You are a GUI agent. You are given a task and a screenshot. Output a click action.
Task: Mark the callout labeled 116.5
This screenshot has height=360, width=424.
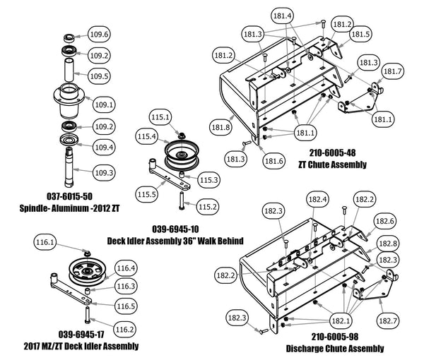pos(126,306)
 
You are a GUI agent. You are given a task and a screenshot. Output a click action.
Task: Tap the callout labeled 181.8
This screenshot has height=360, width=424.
pos(220,128)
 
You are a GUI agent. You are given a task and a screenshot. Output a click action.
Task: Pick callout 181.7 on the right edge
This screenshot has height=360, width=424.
pos(392,71)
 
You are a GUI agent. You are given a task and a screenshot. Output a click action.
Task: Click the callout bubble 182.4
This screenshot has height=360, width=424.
pos(320,200)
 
